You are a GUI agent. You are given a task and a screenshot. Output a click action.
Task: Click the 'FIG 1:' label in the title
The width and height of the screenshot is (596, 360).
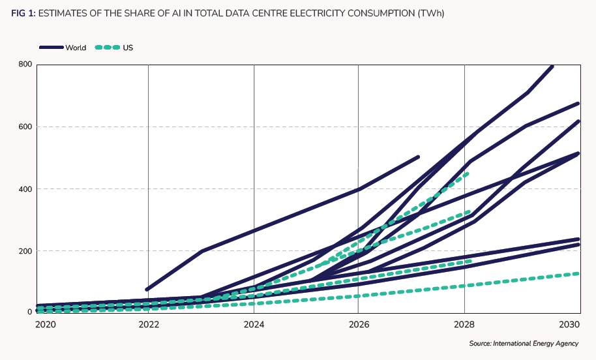(23, 13)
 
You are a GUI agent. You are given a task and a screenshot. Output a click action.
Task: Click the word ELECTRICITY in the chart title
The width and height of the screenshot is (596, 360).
(306, 13)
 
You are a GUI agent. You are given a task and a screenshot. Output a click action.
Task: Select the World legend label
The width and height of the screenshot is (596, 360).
(76, 48)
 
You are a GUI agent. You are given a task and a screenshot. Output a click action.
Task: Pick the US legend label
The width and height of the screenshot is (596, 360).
(128, 48)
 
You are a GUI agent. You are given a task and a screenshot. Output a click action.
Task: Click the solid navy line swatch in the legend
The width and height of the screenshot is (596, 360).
(51, 48)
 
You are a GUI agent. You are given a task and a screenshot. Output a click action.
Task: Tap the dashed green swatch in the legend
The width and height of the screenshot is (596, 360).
(108, 48)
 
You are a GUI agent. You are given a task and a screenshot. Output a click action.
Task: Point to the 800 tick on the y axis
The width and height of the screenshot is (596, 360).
(25, 65)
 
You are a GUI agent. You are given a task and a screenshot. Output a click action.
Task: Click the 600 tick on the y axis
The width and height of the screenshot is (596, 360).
(25, 127)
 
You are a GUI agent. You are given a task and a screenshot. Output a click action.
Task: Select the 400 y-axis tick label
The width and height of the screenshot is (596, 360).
(25, 189)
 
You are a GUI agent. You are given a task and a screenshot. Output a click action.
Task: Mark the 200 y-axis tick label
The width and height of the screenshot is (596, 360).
(25, 251)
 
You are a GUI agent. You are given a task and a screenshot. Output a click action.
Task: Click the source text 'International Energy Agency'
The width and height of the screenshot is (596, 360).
(535, 344)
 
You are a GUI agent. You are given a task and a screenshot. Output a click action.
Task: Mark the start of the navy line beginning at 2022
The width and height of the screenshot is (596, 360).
(147, 289)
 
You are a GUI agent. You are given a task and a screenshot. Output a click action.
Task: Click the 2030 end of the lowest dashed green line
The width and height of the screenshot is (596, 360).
(578, 273)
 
